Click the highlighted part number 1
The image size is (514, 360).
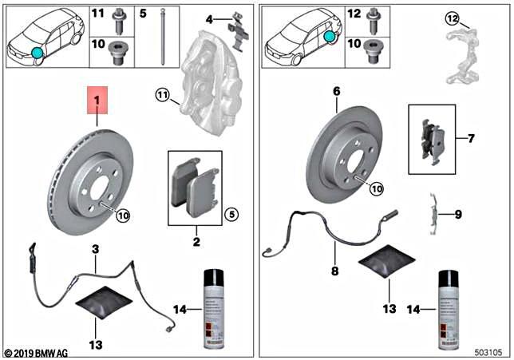click(x=97, y=102)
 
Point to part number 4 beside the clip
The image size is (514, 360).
click(x=209, y=18)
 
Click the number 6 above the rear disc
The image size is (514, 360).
click(x=337, y=92)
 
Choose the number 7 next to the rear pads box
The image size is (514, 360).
click(x=471, y=138)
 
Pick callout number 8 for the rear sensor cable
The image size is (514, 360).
click(x=335, y=271)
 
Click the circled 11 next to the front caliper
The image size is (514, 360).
click(x=163, y=97)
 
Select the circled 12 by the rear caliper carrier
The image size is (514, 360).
click(x=451, y=18)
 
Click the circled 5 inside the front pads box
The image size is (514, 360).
click(x=231, y=213)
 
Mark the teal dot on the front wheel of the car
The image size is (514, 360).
click(x=38, y=53)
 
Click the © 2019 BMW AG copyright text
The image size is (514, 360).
click(x=38, y=352)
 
